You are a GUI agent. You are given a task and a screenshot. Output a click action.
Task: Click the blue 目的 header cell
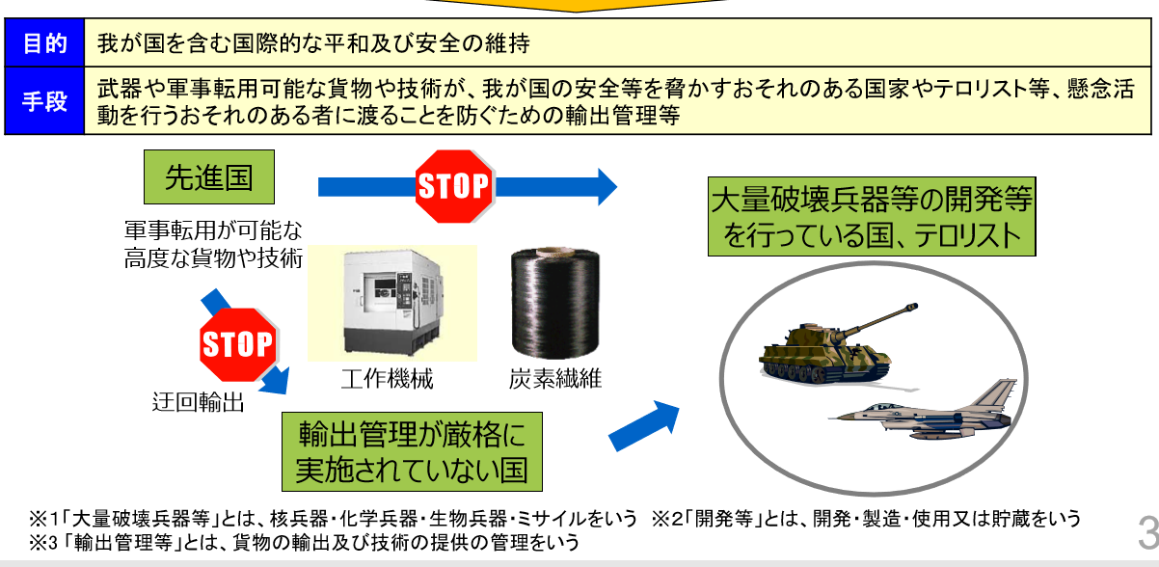pyautogui.click(x=44, y=43)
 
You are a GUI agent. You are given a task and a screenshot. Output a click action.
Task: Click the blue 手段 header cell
pyautogui.click(x=44, y=101)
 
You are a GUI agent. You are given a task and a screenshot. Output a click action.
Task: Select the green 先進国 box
pyautogui.click(x=209, y=176)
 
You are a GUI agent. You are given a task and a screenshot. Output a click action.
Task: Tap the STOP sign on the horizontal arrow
pyautogui.click(x=454, y=186)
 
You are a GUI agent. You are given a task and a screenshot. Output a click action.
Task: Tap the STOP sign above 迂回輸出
pyautogui.click(x=238, y=344)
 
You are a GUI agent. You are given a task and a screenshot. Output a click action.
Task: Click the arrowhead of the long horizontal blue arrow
pyautogui.click(x=606, y=187)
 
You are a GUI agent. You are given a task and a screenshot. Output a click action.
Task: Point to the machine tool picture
pyautogui.click(x=392, y=303)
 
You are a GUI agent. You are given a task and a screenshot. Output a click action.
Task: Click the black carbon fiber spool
pyautogui.click(x=555, y=302)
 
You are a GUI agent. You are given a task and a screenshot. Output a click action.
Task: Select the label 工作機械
pyautogui.click(x=387, y=379)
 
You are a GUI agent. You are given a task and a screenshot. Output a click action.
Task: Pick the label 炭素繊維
pyautogui.click(x=555, y=379)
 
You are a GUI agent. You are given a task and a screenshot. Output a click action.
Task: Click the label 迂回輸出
pyautogui.click(x=199, y=402)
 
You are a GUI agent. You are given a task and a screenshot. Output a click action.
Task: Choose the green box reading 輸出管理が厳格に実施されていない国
pyautogui.click(x=412, y=451)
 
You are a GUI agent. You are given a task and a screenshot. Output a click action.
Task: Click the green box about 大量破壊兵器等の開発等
pyautogui.click(x=872, y=216)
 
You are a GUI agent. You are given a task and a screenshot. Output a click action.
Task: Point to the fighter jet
pyautogui.click(x=924, y=412)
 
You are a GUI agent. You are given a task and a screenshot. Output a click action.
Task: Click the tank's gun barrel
pyautogui.click(x=879, y=318)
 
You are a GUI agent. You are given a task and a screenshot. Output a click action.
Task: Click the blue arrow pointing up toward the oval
pyautogui.click(x=644, y=426)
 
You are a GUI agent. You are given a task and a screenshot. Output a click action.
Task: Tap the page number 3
pyautogui.click(x=1148, y=533)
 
